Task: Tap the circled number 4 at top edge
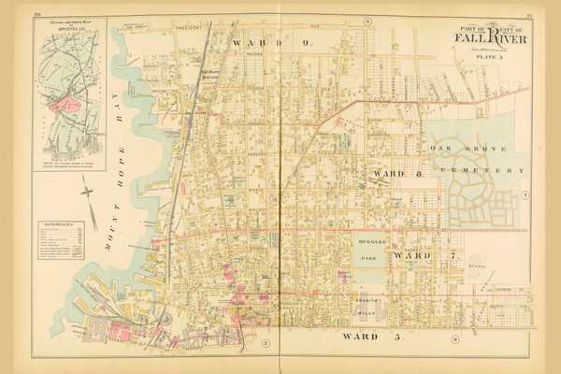368,20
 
